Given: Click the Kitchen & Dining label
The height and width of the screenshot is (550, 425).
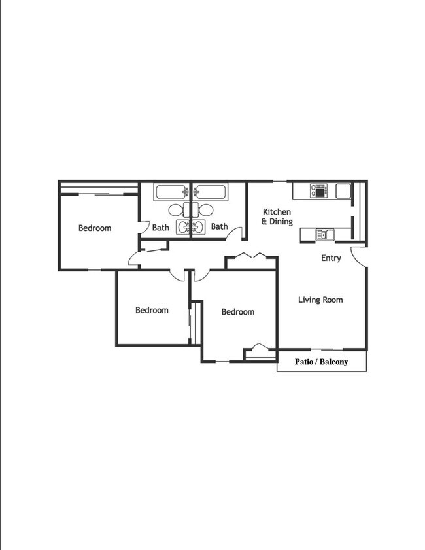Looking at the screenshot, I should tap(277, 216).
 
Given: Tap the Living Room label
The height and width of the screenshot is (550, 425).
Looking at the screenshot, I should tap(320, 300).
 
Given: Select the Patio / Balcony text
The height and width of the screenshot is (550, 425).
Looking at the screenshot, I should tap(321, 362).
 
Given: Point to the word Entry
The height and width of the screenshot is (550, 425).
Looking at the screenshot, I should tap(331, 258).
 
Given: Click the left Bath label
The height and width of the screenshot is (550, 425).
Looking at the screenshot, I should tap(161, 228).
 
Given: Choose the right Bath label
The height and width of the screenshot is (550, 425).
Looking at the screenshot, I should tap(219, 227).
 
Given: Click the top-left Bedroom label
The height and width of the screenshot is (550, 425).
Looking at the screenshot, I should tap(95, 228).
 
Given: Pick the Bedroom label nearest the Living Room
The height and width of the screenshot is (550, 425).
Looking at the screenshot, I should tap(237, 312).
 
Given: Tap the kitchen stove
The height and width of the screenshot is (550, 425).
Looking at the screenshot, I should tap(319, 191).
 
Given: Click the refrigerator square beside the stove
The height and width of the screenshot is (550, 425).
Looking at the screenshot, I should tap(344, 191).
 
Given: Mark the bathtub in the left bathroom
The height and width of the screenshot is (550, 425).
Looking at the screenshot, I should tap(171, 193).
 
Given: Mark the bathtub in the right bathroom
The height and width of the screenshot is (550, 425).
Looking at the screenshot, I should tap(211, 193).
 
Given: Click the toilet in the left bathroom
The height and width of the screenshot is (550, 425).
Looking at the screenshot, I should tap(177, 211).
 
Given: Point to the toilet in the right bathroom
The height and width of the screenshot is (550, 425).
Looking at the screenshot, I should tap(206, 211).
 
